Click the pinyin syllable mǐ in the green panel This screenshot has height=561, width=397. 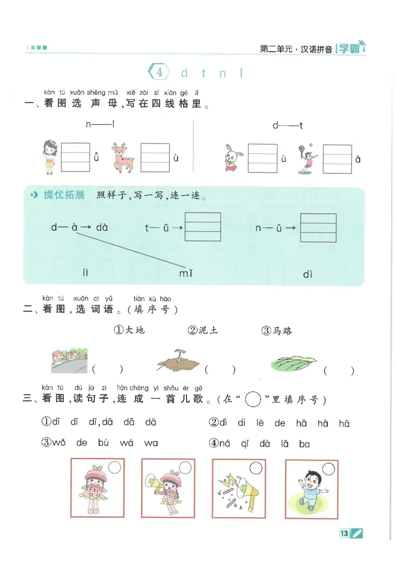[x=186, y=273]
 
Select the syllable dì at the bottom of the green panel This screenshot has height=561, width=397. [x=307, y=274]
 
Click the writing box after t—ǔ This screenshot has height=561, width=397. [x=202, y=227]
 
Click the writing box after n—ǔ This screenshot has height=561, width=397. [x=319, y=227]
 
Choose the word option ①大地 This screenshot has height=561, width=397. [x=130, y=330]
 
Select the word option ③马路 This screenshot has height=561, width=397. [x=276, y=330]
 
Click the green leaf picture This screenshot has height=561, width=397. [x=294, y=365]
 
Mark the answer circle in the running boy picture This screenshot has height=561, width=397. [x=328, y=468]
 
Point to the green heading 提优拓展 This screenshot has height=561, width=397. [x=64, y=195]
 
